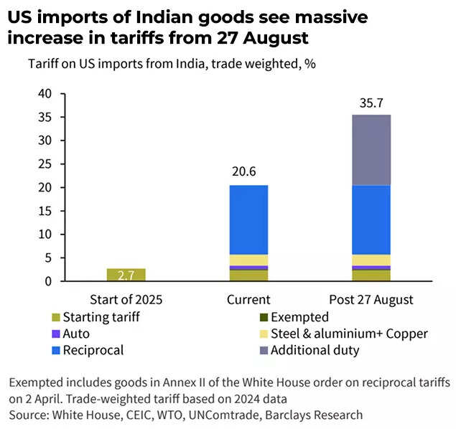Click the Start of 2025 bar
[x=126, y=275]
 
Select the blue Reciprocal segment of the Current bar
[x=248, y=220]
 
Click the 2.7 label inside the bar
[x=126, y=275]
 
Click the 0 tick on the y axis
[x=50, y=281]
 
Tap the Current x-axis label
[x=248, y=299]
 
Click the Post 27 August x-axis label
[x=371, y=299]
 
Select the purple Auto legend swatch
[x=55, y=334]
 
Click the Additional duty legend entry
[x=316, y=351]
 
